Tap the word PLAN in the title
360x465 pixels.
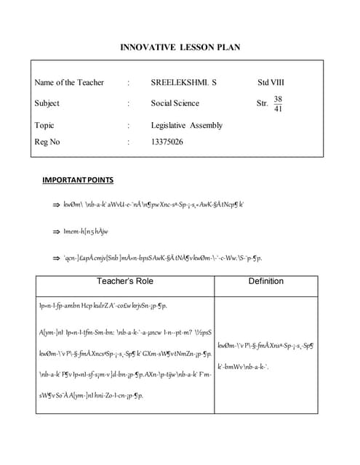click(x=228, y=48)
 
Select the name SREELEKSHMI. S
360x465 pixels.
click(x=179, y=83)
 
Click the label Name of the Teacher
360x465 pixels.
click(x=69, y=83)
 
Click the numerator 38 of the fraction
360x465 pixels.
click(x=278, y=98)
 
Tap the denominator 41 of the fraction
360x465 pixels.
click(x=278, y=109)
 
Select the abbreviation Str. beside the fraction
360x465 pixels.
click(x=263, y=103)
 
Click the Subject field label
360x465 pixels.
click(x=47, y=103)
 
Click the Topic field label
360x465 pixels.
click(x=44, y=125)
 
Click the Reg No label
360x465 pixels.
click(x=47, y=142)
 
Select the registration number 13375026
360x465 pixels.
click(x=167, y=142)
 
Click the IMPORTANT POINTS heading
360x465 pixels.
click(x=78, y=179)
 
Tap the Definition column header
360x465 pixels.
click(x=265, y=281)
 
